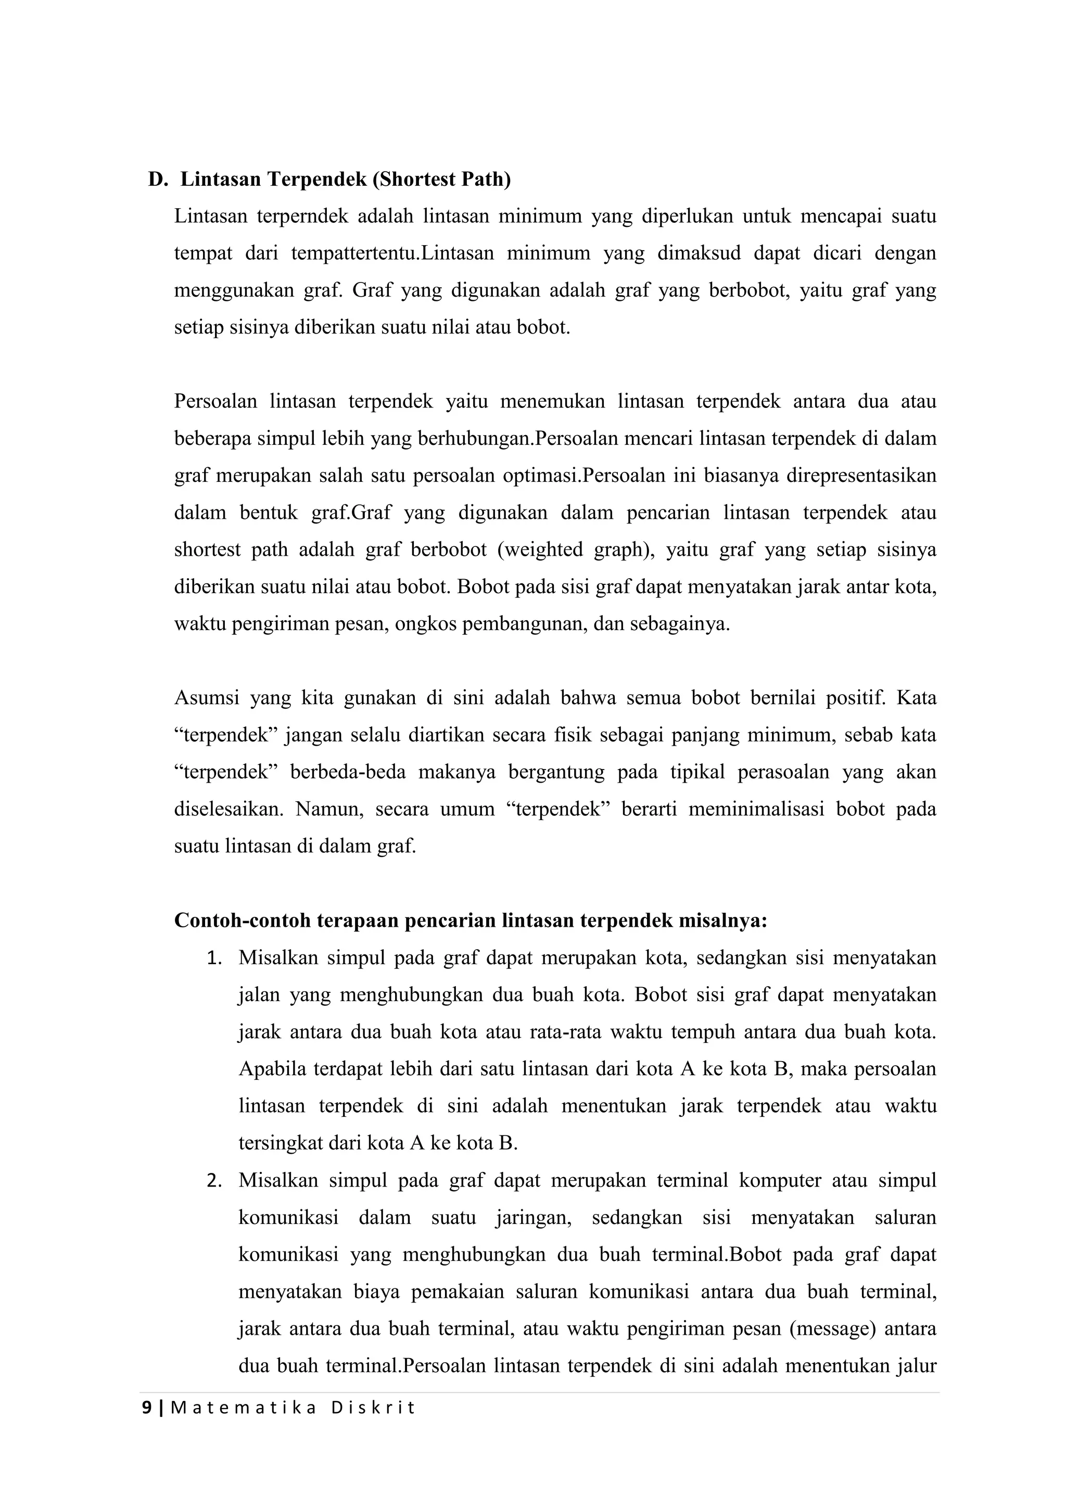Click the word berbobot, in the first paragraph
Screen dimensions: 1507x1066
748,290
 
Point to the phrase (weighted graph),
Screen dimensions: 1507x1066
576,550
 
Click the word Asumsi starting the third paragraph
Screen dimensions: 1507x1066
206,698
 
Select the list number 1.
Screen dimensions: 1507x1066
214,959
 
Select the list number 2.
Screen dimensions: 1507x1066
214,1181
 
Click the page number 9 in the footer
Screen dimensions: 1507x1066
147,1409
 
